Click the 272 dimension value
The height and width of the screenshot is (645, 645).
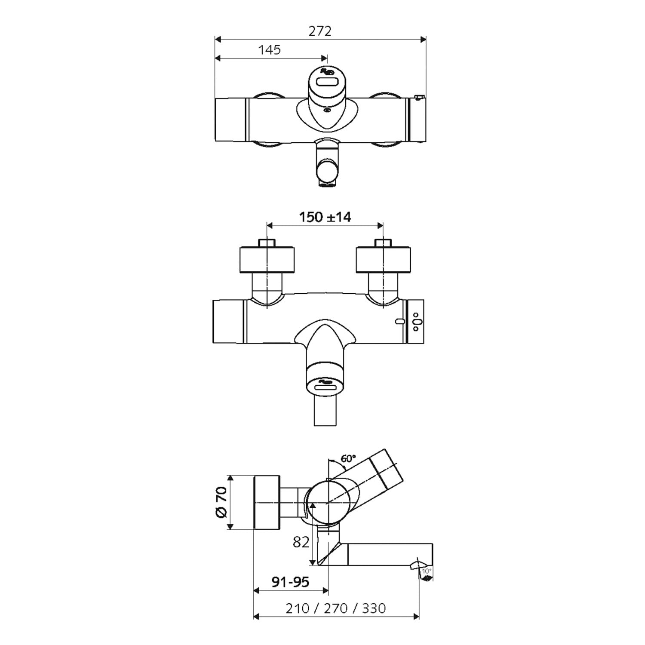click(320, 31)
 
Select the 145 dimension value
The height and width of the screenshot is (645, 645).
click(269, 50)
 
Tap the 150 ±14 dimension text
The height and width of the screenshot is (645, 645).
click(325, 217)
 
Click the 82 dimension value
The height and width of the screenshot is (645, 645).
click(301, 543)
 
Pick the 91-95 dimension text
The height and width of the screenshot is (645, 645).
click(290, 582)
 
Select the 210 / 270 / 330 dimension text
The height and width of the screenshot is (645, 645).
click(335, 608)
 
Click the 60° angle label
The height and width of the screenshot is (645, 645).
click(348, 458)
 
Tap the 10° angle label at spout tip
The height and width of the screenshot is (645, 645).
click(426, 571)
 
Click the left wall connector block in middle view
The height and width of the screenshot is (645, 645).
click(267, 259)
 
